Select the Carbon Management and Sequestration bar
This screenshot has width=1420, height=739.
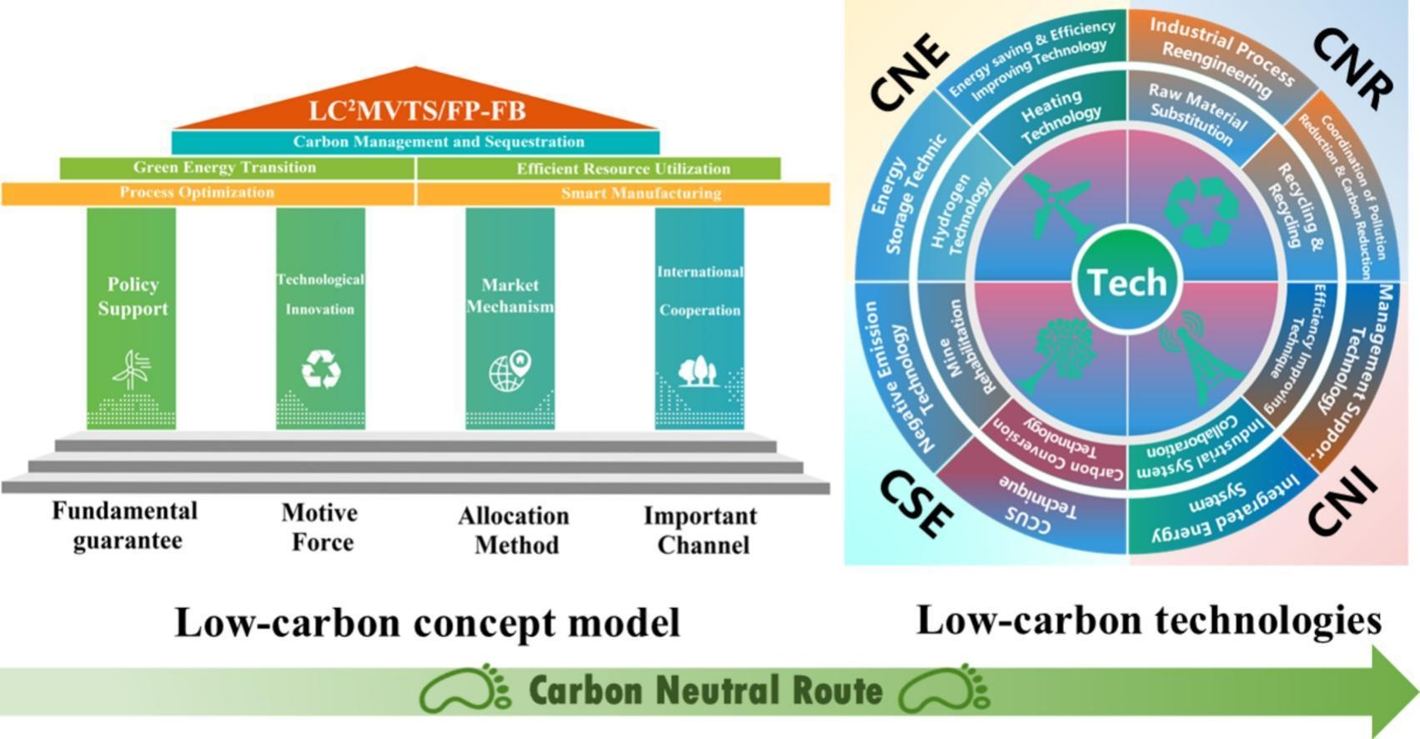click(x=415, y=142)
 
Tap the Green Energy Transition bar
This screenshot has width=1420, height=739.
click(x=225, y=168)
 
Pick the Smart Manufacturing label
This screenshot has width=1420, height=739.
click(x=640, y=194)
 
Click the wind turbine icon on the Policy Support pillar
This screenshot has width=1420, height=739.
click(x=132, y=370)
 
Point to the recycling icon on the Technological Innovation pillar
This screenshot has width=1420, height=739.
click(x=321, y=369)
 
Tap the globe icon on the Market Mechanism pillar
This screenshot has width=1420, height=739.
click(x=510, y=370)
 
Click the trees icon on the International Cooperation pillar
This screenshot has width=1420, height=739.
click(x=699, y=370)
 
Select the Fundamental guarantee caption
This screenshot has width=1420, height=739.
click(x=125, y=525)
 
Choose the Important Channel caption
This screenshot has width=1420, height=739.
click(x=700, y=530)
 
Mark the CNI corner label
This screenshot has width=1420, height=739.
click(x=1342, y=500)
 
